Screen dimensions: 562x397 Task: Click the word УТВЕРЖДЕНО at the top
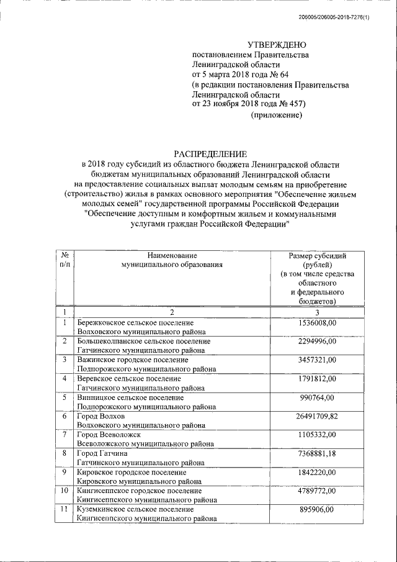(277, 45)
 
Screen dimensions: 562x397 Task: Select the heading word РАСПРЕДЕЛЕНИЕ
(210, 153)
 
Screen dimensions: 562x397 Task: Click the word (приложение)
(276, 116)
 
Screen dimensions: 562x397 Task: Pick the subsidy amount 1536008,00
(317, 323)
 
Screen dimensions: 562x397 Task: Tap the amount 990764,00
(317, 397)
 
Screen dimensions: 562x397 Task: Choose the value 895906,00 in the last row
(317, 509)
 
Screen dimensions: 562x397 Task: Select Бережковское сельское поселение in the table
(135, 323)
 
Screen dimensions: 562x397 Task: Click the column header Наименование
(172, 255)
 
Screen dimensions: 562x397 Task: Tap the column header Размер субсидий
(317, 255)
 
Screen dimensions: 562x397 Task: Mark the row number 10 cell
(65, 491)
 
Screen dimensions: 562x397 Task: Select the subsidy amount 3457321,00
(317, 360)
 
